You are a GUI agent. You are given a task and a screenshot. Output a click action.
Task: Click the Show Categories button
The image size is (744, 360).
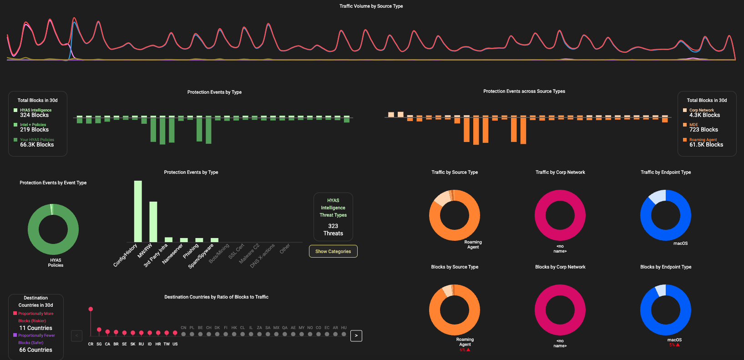(x=333, y=251)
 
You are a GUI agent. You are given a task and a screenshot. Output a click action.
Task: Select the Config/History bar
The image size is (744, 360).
(x=138, y=211)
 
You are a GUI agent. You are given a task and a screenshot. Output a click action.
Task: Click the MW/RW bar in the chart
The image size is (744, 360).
(x=153, y=222)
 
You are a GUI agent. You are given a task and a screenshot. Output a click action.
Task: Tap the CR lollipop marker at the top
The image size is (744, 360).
(x=91, y=309)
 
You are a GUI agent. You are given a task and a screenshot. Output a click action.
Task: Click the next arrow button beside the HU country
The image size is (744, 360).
(x=356, y=336)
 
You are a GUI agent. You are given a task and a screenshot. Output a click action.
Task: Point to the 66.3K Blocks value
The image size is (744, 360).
(x=37, y=145)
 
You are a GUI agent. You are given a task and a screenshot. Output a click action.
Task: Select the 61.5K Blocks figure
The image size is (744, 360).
(x=706, y=145)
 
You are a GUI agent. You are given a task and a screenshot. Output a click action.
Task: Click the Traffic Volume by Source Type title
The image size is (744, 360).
(x=371, y=6)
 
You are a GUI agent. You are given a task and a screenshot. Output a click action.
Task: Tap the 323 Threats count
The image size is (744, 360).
(x=333, y=229)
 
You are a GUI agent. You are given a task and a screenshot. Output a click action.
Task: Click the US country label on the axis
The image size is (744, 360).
(x=175, y=344)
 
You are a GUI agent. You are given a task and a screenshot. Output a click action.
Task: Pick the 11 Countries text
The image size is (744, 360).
(x=35, y=328)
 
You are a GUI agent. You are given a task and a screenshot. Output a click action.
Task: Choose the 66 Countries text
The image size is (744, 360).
(x=35, y=350)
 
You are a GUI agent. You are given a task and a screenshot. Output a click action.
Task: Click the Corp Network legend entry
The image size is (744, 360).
(x=701, y=110)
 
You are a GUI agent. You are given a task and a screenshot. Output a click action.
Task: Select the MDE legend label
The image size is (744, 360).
(x=693, y=125)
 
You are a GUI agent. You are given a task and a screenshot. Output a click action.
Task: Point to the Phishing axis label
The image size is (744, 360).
(x=191, y=251)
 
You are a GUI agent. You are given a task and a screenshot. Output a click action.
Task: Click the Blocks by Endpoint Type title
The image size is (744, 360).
(x=666, y=267)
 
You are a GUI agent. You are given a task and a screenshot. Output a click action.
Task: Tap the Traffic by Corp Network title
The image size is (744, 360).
(x=560, y=172)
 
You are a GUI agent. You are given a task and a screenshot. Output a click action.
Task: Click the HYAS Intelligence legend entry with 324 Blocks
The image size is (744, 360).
(x=35, y=110)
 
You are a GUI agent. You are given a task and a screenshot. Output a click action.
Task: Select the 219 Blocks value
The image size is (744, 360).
(x=34, y=130)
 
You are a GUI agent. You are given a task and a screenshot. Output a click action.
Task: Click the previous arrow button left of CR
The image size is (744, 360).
(x=76, y=336)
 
